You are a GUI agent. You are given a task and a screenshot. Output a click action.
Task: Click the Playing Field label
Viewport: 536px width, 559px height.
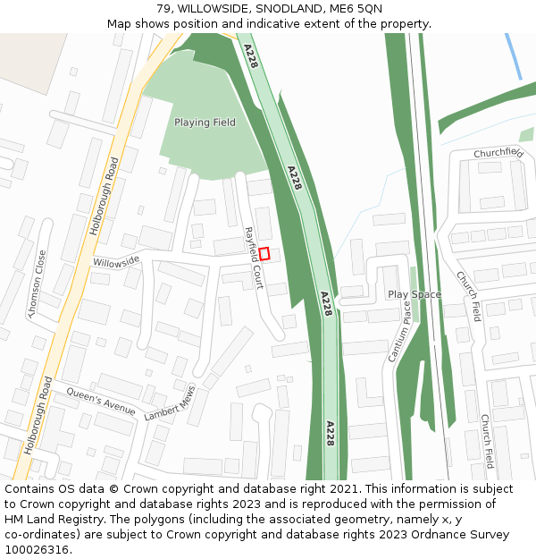(205, 123)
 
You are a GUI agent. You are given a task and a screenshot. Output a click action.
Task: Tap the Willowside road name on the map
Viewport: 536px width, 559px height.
(116, 261)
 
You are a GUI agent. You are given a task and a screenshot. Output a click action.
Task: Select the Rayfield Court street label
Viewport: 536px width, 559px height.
(254, 258)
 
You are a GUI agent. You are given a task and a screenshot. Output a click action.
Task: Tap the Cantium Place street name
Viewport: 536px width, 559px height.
(399, 332)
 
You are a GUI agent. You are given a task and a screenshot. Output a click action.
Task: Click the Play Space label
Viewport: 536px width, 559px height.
(415, 294)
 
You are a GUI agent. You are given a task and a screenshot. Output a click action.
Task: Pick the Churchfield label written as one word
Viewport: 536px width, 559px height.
(498, 153)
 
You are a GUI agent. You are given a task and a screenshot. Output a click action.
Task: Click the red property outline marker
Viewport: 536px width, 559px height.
(264, 254)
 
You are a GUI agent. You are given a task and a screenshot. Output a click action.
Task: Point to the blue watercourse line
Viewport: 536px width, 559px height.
(514, 55)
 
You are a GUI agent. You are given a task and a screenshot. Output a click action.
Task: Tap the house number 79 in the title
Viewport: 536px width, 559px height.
(163, 9)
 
